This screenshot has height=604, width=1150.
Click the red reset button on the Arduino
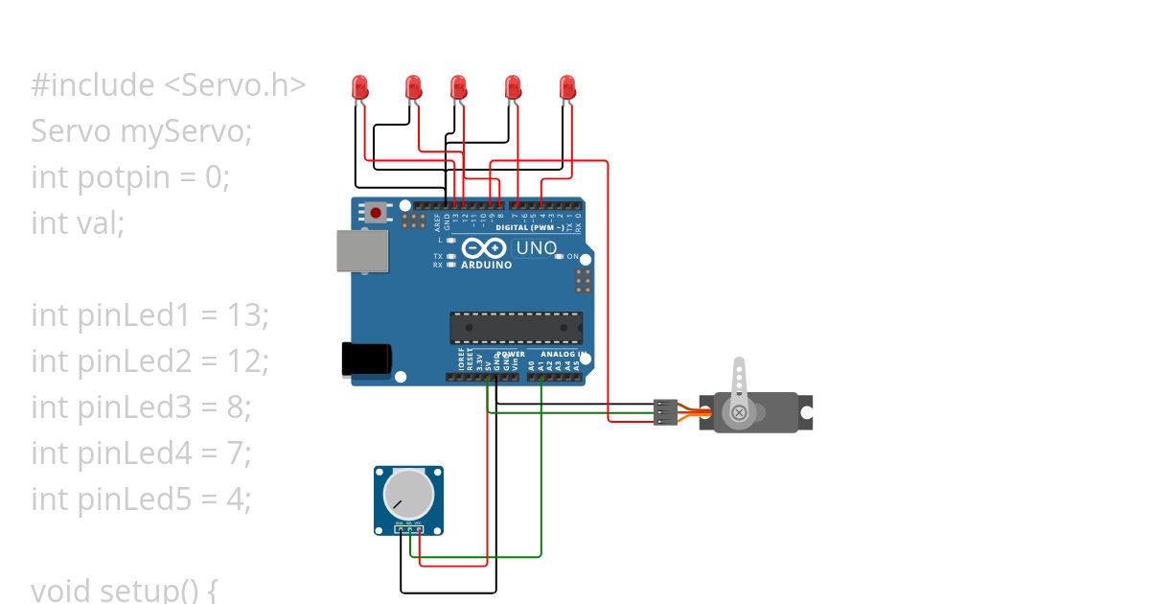point(377,212)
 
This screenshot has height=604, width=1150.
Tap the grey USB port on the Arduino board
point(363,250)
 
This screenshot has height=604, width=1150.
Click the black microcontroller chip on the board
point(517,327)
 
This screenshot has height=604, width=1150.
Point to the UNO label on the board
point(537,248)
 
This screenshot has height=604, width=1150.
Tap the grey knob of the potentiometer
point(407,494)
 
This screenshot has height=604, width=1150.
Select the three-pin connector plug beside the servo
point(665,412)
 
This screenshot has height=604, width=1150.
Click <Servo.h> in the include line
point(235,85)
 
